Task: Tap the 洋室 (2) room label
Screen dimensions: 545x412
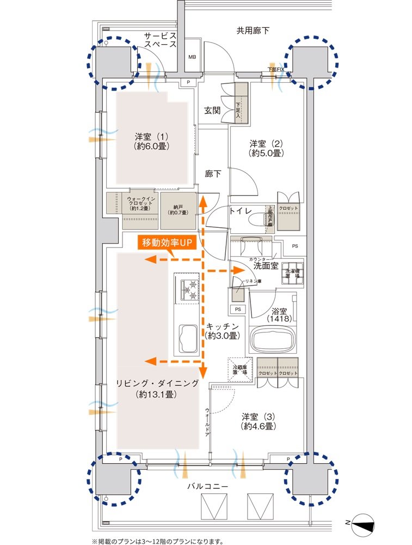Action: tap(266, 148)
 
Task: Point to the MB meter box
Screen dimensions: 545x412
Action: tap(192, 57)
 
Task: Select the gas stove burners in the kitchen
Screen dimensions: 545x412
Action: tap(186, 288)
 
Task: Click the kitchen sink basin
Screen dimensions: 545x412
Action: tap(188, 337)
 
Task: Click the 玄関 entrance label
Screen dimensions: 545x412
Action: tap(212, 110)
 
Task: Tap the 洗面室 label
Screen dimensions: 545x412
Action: tap(267, 265)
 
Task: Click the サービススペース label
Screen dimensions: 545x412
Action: tap(160, 40)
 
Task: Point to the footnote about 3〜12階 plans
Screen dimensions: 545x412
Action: tap(157, 541)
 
